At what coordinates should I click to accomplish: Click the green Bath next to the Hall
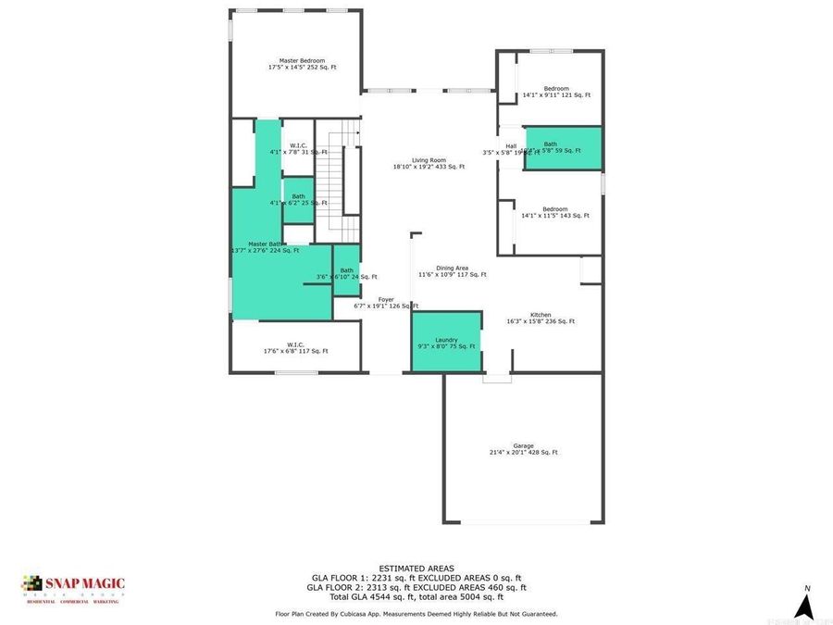[x=563, y=148]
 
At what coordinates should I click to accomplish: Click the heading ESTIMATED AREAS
[x=416, y=568]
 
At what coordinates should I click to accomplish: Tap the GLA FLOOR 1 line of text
[x=416, y=577]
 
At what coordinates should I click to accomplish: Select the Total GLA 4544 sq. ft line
[x=416, y=596]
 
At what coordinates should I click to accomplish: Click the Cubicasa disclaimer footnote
[x=416, y=613]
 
